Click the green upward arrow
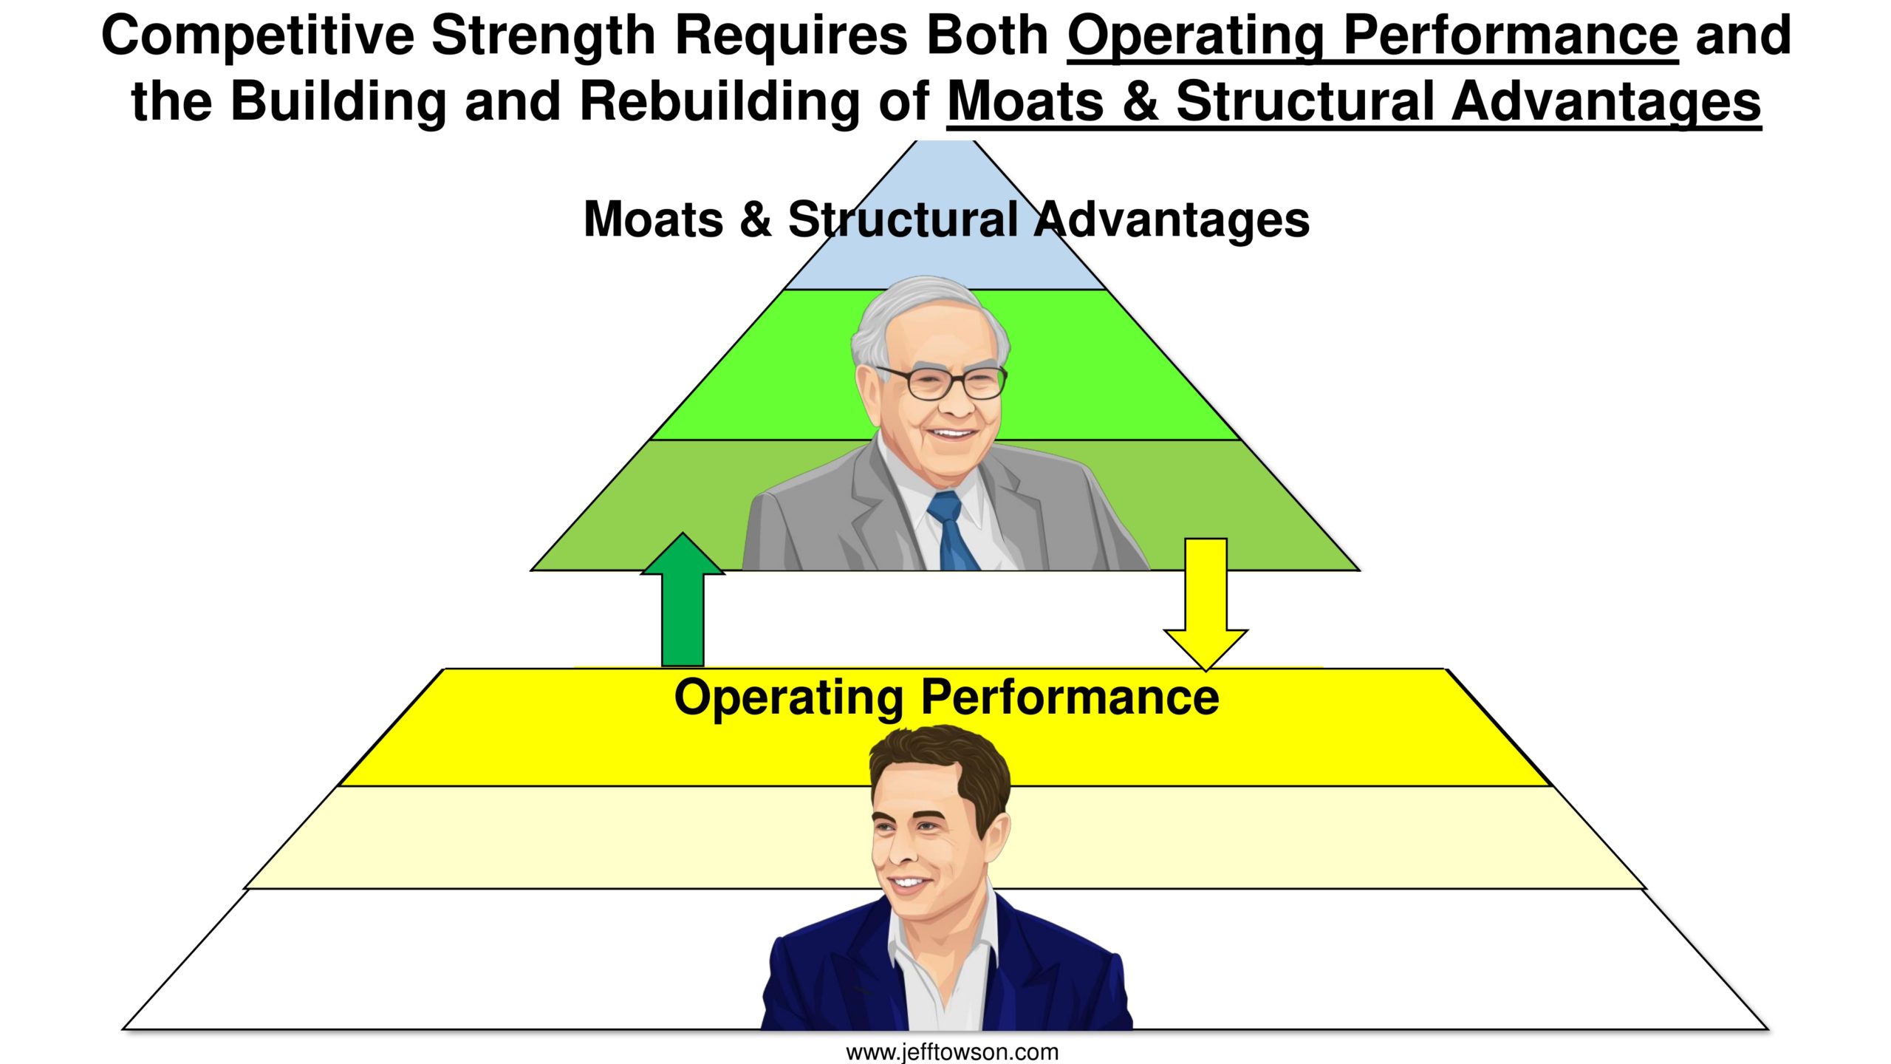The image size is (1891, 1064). point(683,600)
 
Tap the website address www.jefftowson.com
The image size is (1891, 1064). point(952,1051)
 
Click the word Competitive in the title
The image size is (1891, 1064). point(257,35)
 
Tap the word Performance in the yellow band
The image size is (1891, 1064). point(1070,697)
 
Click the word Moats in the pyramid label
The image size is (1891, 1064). point(653,219)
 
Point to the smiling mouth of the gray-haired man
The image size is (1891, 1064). point(951,434)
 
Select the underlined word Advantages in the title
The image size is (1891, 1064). point(1607,101)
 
